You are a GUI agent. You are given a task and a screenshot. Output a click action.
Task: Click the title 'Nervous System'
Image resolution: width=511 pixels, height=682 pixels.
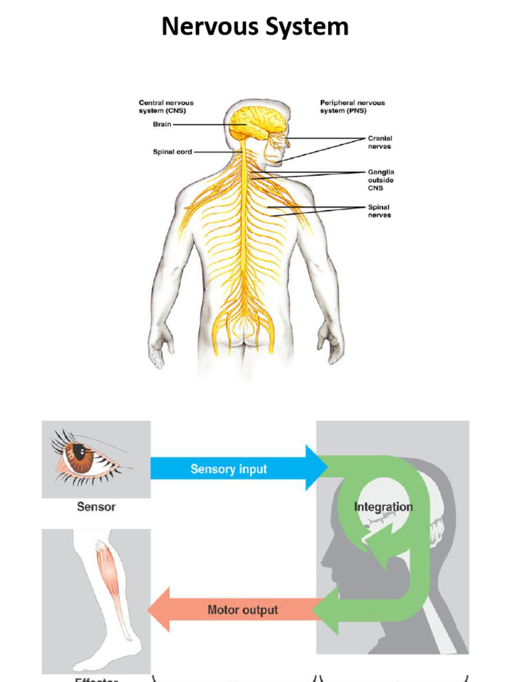(255, 27)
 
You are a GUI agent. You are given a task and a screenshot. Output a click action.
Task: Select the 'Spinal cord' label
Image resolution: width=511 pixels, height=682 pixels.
(172, 152)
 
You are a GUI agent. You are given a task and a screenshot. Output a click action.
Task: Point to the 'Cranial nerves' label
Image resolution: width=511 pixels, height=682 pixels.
(380, 143)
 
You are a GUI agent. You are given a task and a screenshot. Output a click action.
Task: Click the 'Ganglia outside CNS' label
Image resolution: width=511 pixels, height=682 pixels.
(381, 180)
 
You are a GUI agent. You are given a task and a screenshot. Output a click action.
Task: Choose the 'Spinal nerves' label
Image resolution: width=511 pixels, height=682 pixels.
(379, 211)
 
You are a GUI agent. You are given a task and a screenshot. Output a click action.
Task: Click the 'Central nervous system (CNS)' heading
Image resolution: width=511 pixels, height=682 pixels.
(166, 107)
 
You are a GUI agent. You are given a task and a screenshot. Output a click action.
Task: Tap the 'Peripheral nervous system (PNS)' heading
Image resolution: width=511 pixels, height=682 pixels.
(352, 107)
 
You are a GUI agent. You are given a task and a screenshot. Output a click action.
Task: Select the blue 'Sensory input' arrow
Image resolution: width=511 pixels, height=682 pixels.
(230, 469)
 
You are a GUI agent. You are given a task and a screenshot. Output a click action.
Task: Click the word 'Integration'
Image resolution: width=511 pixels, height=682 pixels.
(383, 507)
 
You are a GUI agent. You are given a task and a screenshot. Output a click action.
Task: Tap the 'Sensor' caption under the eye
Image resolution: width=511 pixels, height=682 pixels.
(96, 507)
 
